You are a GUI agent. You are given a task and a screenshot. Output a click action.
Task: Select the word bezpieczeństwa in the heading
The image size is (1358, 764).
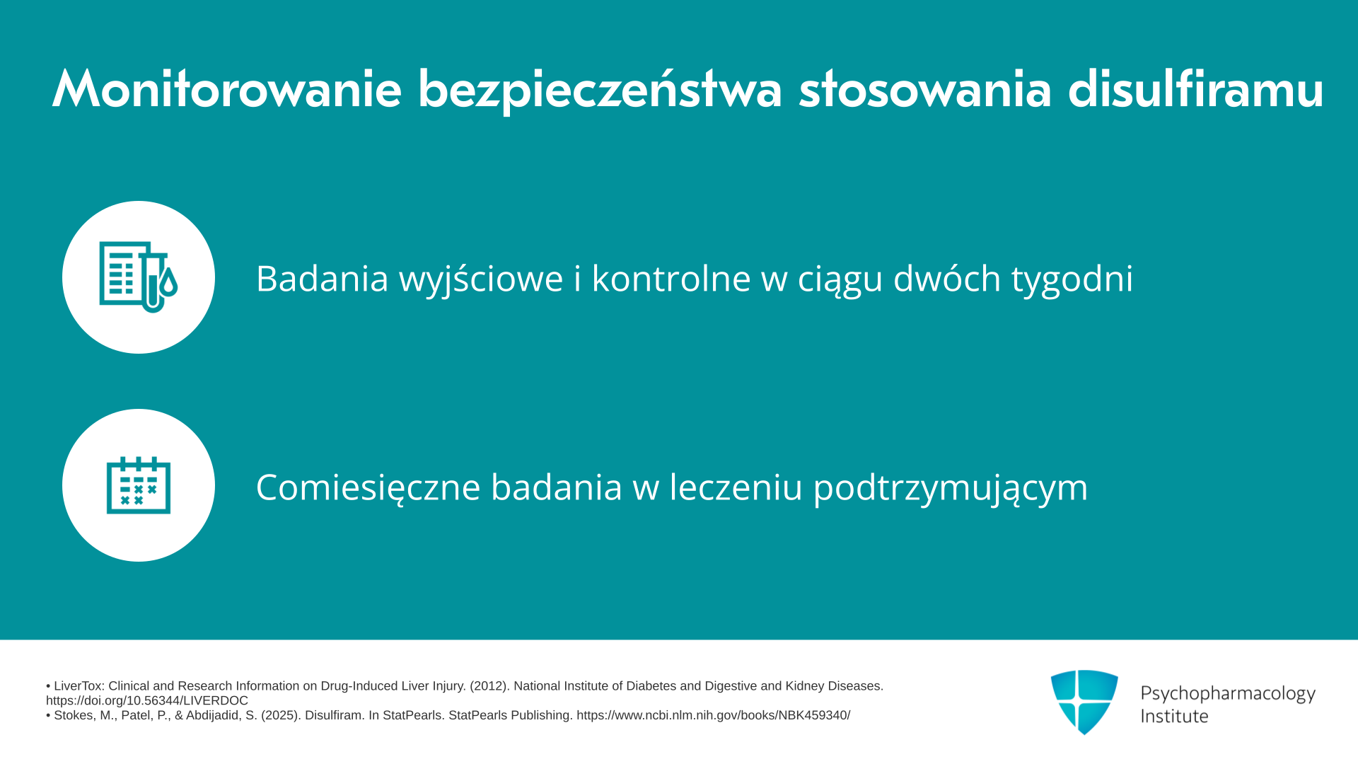(x=600, y=91)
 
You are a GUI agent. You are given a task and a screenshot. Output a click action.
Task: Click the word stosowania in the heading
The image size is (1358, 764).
(x=925, y=89)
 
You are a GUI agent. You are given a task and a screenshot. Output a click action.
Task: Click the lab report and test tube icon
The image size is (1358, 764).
(x=138, y=277)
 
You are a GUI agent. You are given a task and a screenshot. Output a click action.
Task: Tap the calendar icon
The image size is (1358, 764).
(x=139, y=485)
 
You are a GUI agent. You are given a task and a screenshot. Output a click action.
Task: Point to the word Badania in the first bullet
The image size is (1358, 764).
(x=323, y=278)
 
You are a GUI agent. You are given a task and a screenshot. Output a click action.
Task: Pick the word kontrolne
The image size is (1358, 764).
(x=671, y=277)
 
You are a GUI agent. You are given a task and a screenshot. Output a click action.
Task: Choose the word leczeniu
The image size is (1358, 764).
(x=736, y=486)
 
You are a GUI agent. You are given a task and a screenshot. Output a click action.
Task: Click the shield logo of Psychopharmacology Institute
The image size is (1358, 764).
(x=1084, y=702)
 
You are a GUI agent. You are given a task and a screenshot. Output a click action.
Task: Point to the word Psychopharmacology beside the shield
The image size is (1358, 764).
(x=1228, y=694)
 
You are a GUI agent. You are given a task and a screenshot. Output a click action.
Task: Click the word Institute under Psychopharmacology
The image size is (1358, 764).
(x=1174, y=716)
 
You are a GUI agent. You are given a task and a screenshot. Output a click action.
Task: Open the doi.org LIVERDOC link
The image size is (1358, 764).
(x=147, y=700)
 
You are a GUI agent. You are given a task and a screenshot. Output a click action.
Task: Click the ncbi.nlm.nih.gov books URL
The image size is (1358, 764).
(x=713, y=715)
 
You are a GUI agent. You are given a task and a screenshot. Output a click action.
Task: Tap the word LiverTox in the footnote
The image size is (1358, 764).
(x=79, y=686)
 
